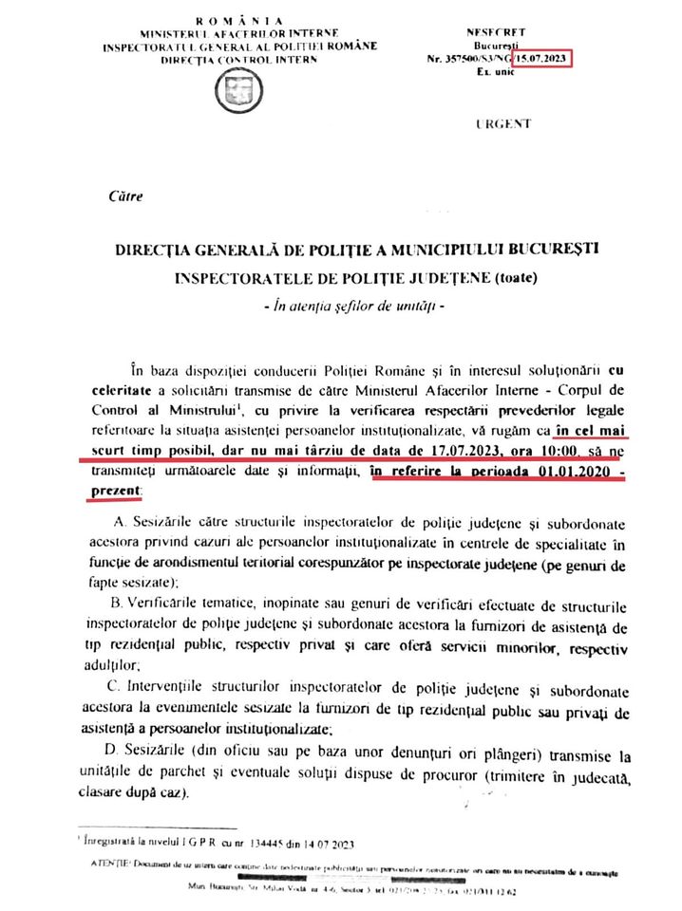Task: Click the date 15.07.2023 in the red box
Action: click(x=543, y=58)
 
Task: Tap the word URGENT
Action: click(x=502, y=124)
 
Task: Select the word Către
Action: click(x=126, y=198)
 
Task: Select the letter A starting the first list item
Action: click(x=118, y=523)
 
